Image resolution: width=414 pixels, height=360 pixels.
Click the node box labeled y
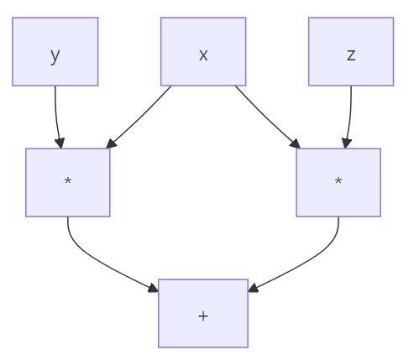pos(55,51)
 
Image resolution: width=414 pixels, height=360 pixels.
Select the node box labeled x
pos(203,51)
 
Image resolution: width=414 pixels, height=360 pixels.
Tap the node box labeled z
pos(350,51)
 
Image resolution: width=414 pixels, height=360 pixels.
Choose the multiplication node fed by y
pos(67,182)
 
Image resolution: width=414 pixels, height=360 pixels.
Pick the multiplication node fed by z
pos(338,182)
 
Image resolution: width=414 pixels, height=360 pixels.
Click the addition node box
pos(203,313)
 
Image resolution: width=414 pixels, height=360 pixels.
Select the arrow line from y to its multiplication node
pos(55,113)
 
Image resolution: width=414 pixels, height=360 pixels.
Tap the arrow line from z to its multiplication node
pos(350,113)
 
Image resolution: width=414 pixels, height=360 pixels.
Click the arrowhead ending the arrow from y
pos(60,143)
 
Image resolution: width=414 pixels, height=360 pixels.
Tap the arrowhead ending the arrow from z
pos(345,143)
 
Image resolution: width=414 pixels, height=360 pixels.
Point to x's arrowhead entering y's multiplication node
pos(111,143)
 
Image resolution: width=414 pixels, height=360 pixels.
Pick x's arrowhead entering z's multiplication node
pos(295,143)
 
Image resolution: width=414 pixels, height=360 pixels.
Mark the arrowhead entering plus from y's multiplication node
pos(153,290)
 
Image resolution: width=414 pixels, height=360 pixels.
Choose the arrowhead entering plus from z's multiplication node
pos(253,290)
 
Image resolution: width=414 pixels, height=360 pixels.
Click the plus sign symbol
pos(203,316)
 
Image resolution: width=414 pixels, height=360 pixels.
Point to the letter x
pos(203,55)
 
